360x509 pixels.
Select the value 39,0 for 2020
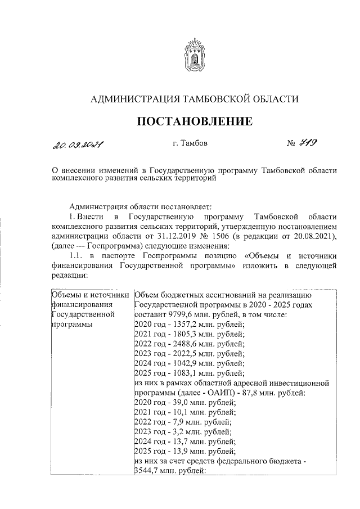182,402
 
